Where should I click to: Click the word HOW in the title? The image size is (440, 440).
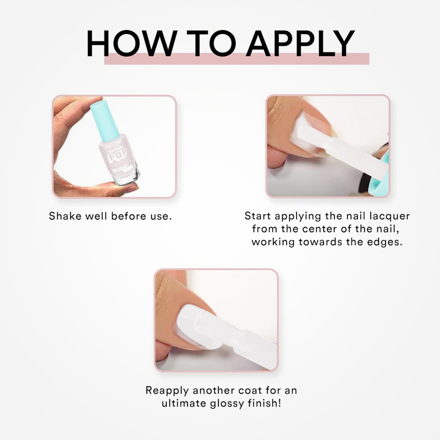(x=131, y=43)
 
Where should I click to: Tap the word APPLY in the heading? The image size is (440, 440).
(x=300, y=43)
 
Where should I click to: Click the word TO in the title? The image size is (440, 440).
(x=212, y=43)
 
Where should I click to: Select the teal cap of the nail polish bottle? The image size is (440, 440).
(x=105, y=118)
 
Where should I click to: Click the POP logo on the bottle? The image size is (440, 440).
(x=117, y=155)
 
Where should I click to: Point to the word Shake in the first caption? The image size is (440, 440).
(x=65, y=216)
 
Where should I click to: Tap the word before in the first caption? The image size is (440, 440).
(x=129, y=216)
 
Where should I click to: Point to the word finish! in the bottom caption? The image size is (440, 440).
(x=264, y=403)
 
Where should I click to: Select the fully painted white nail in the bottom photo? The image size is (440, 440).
(x=196, y=327)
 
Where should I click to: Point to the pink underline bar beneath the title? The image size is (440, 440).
(x=237, y=59)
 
